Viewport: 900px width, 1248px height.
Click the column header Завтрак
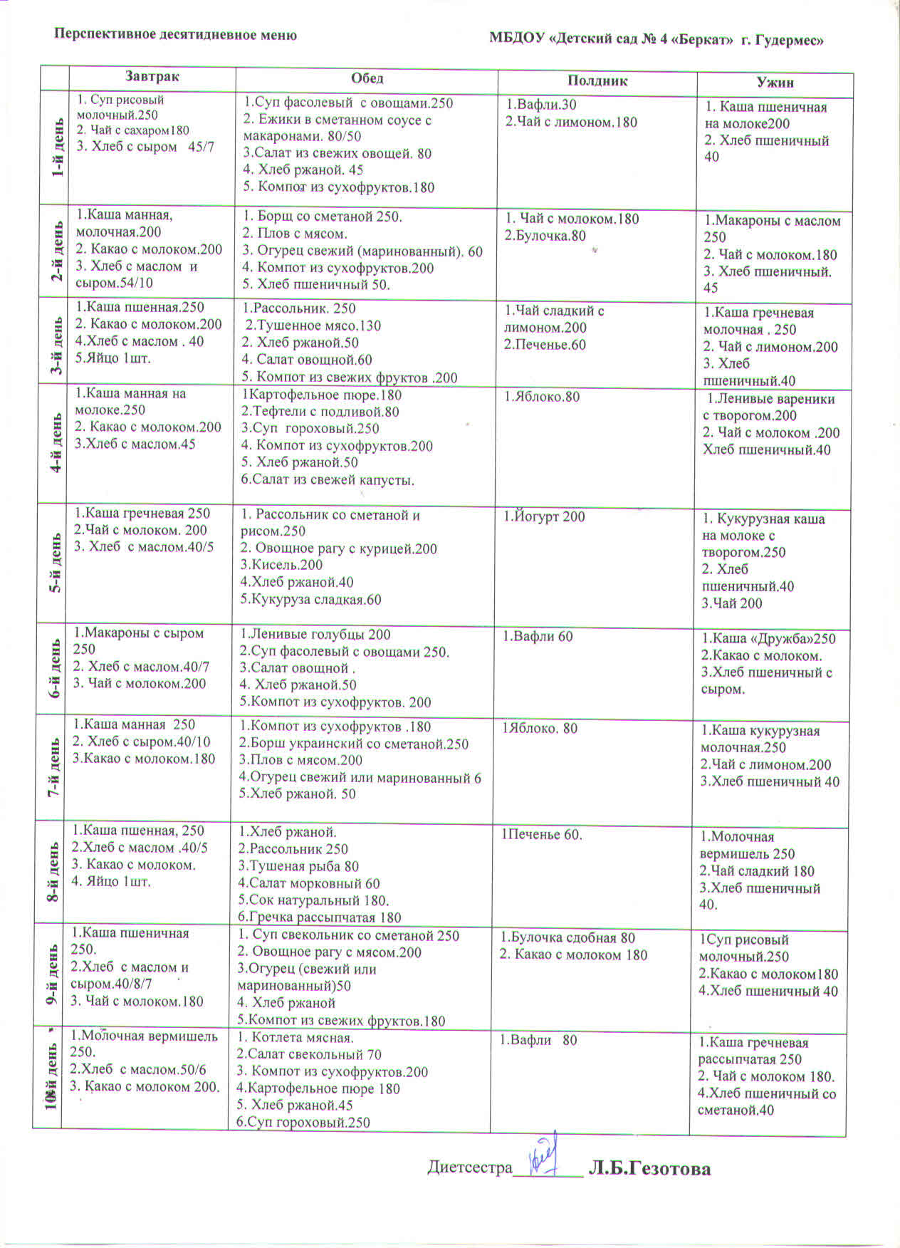point(152,76)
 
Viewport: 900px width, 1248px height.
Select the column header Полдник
point(597,80)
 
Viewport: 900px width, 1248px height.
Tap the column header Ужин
point(775,83)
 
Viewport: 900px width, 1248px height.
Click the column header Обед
point(367,78)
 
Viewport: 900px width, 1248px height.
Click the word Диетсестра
point(469,1168)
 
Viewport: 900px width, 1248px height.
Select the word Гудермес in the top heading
point(790,40)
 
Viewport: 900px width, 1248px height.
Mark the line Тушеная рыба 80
point(298,866)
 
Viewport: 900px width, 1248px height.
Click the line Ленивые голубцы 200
point(315,635)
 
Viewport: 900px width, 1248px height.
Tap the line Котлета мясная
point(295,1038)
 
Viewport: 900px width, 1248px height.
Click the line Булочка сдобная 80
point(567,937)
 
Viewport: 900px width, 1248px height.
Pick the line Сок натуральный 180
point(313,900)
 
